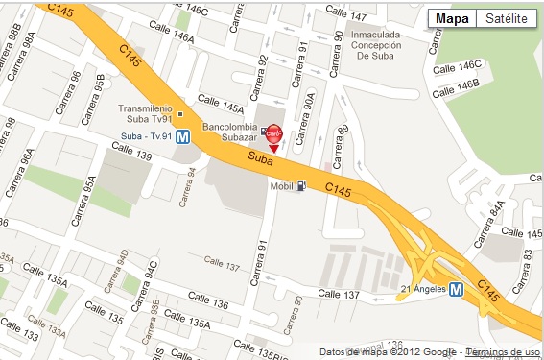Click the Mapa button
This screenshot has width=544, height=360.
[452, 19]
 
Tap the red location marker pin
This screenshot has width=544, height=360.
[273, 137]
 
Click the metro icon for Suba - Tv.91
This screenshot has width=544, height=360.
[181, 136]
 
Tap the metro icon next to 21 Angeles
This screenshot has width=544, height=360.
[457, 288]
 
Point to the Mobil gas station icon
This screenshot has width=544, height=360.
[303, 185]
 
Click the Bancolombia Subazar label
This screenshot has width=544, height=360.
[230, 132]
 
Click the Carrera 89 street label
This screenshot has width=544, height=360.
[343, 144]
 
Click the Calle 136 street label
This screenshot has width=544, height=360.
[207, 304]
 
